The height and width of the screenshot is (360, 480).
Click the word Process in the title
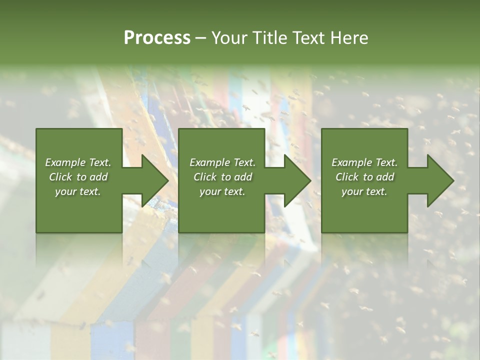(x=157, y=37)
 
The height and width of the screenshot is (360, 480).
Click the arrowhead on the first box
(x=155, y=180)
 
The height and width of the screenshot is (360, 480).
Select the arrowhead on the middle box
(x=297, y=180)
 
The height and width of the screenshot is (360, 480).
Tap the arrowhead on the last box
(x=440, y=180)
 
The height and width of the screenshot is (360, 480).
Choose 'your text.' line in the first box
(x=78, y=191)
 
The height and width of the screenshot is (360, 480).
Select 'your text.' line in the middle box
(x=222, y=191)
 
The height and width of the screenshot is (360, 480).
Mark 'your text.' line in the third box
(x=364, y=191)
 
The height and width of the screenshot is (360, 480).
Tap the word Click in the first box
(x=60, y=177)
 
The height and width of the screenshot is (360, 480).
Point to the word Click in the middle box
(x=205, y=177)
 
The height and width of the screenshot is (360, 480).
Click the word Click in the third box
(x=347, y=177)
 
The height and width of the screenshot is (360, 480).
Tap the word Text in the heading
(x=308, y=37)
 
